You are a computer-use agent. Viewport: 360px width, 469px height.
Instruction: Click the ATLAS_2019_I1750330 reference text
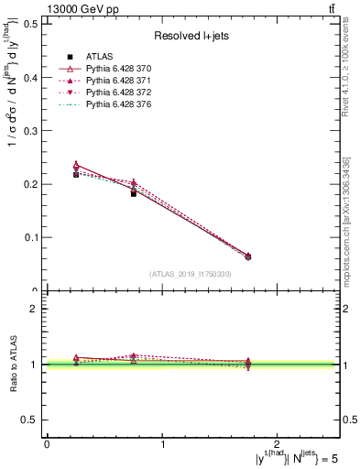pyautogui.click(x=191, y=274)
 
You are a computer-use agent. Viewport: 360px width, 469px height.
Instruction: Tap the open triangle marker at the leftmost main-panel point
pyautogui.click(x=76, y=166)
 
